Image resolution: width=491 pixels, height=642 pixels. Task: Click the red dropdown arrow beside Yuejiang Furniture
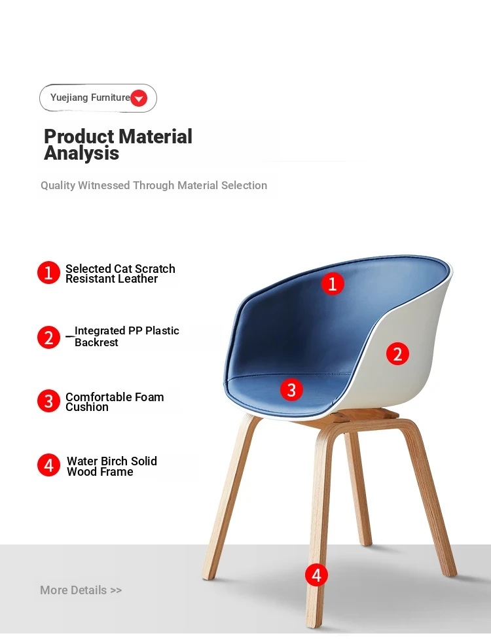[139, 98]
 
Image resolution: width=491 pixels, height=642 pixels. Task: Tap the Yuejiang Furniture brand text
[90, 98]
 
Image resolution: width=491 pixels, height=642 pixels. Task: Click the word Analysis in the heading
[81, 153]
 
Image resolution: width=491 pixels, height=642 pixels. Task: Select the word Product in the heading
[79, 136]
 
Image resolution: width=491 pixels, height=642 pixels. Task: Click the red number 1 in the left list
[48, 273]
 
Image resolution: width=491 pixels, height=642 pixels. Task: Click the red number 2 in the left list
[48, 338]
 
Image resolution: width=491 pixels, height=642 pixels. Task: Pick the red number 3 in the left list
[48, 401]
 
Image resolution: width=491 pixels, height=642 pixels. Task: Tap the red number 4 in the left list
[48, 465]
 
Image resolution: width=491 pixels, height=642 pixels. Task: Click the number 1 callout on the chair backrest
[333, 284]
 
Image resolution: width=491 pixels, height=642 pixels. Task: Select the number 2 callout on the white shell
[397, 354]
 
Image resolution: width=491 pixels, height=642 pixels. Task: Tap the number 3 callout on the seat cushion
[291, 390]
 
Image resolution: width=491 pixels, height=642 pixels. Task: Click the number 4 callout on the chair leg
[317, 575]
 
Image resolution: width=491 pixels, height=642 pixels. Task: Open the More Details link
[81, 590]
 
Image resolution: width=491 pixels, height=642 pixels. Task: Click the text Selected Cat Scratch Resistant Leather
[120, 274]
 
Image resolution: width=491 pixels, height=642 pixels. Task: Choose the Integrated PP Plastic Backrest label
[127, 336]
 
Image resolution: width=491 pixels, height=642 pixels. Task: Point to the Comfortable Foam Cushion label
[115, 402]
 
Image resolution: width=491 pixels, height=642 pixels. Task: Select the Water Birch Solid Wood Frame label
[112, 467]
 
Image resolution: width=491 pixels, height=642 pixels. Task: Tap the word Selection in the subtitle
[244, 185]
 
